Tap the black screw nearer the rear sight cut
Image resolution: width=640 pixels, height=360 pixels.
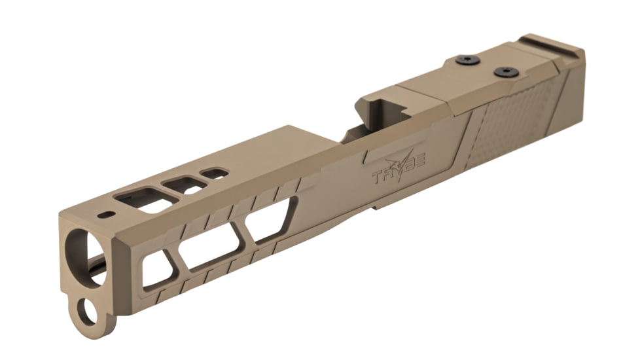pos(504,71)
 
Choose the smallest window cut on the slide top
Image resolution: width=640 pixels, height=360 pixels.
pos(214,173)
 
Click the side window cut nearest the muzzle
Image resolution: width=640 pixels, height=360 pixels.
pos(154,269)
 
